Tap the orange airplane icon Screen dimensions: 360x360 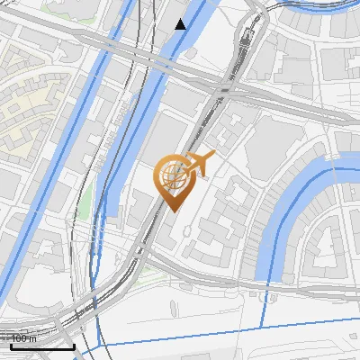pyautogui.click(x=199, y=164)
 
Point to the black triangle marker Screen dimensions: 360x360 pyautogui.click(x=181, y=24)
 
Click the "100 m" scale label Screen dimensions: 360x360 pyautogui.click(x=23, y=338)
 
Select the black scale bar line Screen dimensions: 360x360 pyautogui.click(x=42, y=346)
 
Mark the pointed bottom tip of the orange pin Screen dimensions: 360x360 pyautogui.click(x=171, y=211)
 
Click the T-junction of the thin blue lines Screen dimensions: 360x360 pyautogui.click(x=264, y=327)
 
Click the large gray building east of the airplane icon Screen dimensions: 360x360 pyautogui.click(x=270, y=144)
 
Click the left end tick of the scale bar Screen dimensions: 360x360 pyautogui.click(x=10, y=346)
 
